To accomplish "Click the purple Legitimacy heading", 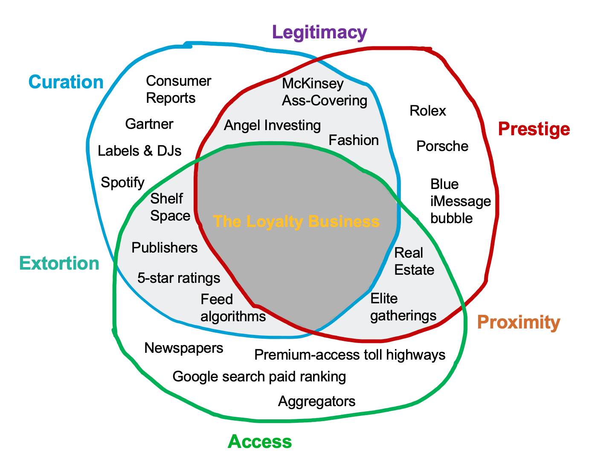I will coord(319,32).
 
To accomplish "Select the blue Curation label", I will coord(66,82).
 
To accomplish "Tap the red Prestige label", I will coord(534,128).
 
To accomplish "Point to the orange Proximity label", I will coord(518,323).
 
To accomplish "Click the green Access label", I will coord(260,442).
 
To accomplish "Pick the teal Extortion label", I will coord(59,263).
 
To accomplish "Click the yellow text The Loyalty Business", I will coord(296,221).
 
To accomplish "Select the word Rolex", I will coord(427,111).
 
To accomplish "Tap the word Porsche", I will coord(442,146).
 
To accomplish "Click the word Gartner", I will coord(149,124).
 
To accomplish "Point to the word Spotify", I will coord(122,183).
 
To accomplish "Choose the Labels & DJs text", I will coord(139,151).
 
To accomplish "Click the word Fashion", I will coord(354,140).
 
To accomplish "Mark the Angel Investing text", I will coord(272,125).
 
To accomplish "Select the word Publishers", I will coord(165,247).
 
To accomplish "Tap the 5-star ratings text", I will coord(179,278).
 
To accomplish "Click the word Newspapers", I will coord(184,348).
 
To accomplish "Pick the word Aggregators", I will coord(316,401).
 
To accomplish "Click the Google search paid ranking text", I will coord(259,377).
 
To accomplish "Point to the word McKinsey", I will coord(313,84).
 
